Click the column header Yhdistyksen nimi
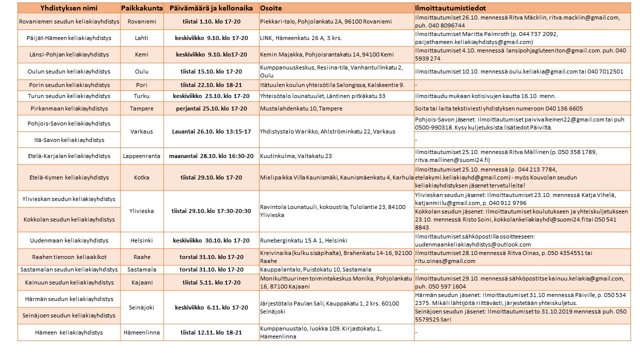(x=69, y=8)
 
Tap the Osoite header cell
(x=270, y=8)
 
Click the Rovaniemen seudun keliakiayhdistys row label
(x=69, y=21)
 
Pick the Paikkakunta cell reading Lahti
(x=141, y=38)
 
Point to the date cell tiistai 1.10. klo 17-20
(x=211, y=21)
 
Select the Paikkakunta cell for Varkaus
(x=141, y=131)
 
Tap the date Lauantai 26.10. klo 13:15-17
(x=211, y=131)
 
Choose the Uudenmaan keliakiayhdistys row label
(x=69, y=240)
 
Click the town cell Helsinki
(x=141, y=240)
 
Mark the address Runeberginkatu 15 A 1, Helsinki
(x=303, y=240)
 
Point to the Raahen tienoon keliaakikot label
(x=69, y=257)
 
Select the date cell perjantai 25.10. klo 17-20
(x=211, y=108)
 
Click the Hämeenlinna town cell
(x=141, y=332)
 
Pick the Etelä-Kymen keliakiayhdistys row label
(x=69, y=177)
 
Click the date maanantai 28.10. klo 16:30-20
(x=211, y=156)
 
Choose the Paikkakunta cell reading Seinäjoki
(x=141, y=307)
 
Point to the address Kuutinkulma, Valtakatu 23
(x=296, y=156)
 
